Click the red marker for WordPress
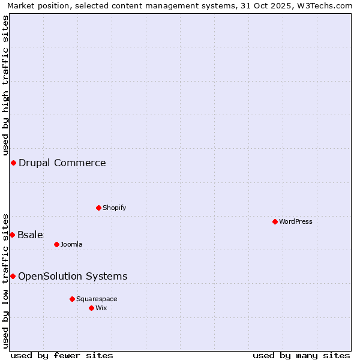pyautogui.click(x=275, y=221)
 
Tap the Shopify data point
pyautogui.click(x=98, y=208)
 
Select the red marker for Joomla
pyautogui.click(x=56, y=244)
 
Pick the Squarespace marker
pyautogui.click(x=72, y=299)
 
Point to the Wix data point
pyautogui.click(x=91, y=308)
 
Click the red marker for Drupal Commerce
pyautogui.click(x=13, y=163)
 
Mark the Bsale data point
pyautogui.click(x=12, y=235)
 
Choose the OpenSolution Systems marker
pyautogui.click(x=13, y=276)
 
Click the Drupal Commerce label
pyautogui.click(x=62, y=163)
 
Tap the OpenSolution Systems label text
pyautogui.click(x=73, y=276)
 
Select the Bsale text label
pyautogui.click(x=30, y=235)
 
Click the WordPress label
pyautogui.click(x=296, y=221)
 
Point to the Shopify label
pyautogui.click(x=114, y=208)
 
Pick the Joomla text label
pyautogui.click(x=71, y=244)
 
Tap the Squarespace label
pyautogui.click(x=97, y=299)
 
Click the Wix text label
pyautogui.click(x=101, y=308)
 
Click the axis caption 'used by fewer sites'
pyautogui.click(x=62, y=355)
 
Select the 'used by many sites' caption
pyautogui.click(x=301, y=355)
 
